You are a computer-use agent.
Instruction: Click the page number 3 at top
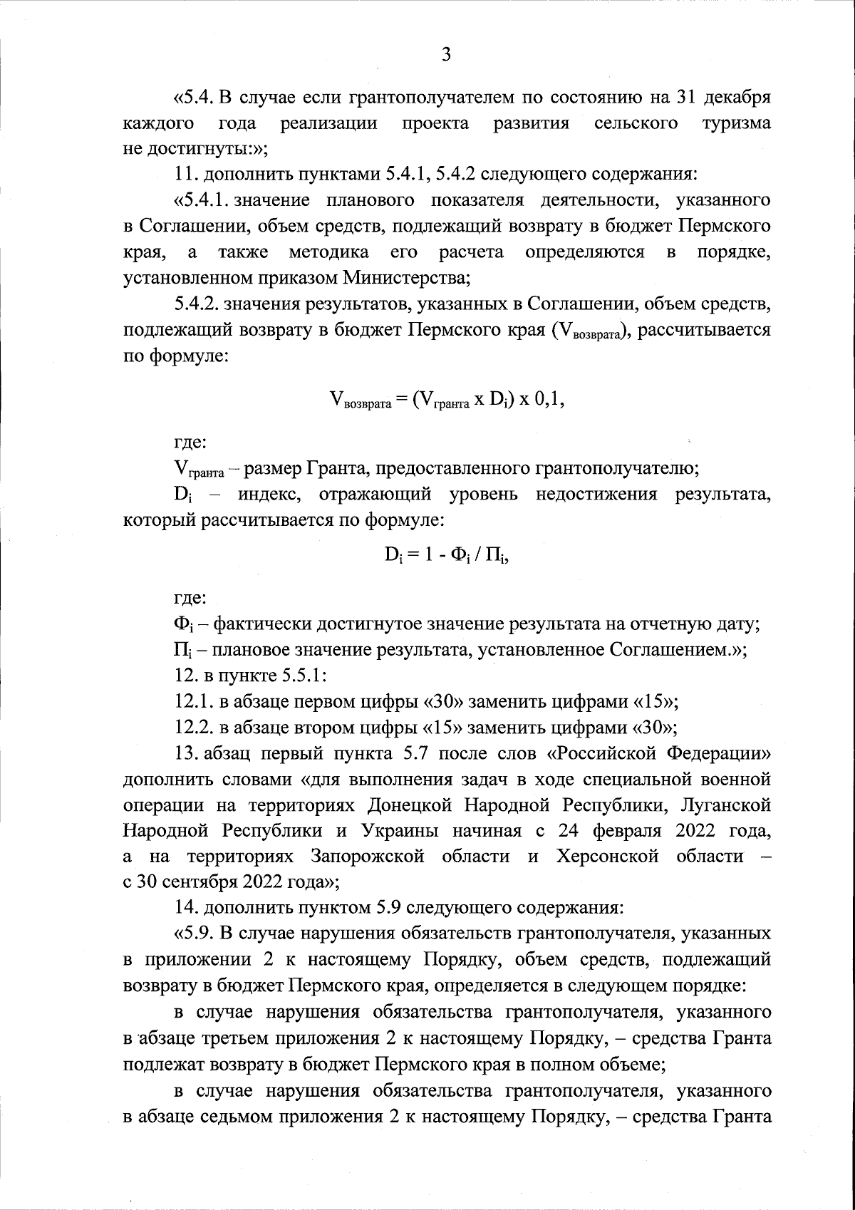pos(445,55)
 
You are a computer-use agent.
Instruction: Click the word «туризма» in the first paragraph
pos(736,123)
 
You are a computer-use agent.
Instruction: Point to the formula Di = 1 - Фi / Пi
pos(446,557)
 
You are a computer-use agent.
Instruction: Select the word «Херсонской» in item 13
pos(608,856)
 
